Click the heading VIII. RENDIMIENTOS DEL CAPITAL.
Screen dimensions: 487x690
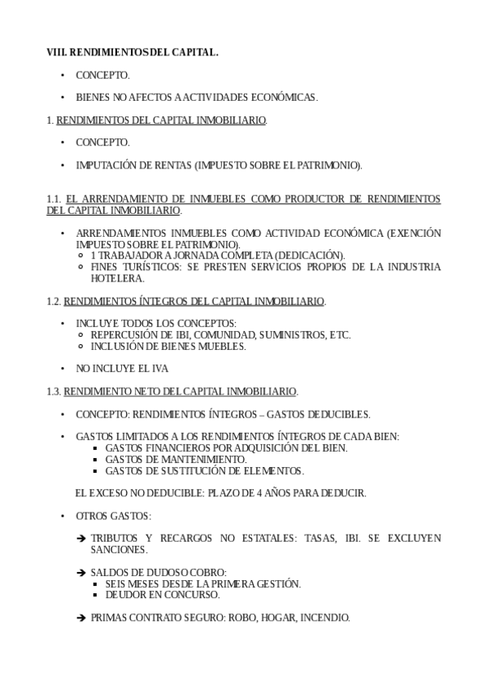click(133, 52)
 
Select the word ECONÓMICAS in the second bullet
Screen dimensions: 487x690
click(284, 97)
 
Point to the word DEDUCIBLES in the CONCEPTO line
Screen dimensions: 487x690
click(339, 413)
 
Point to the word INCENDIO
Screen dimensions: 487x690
click(324, 618)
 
